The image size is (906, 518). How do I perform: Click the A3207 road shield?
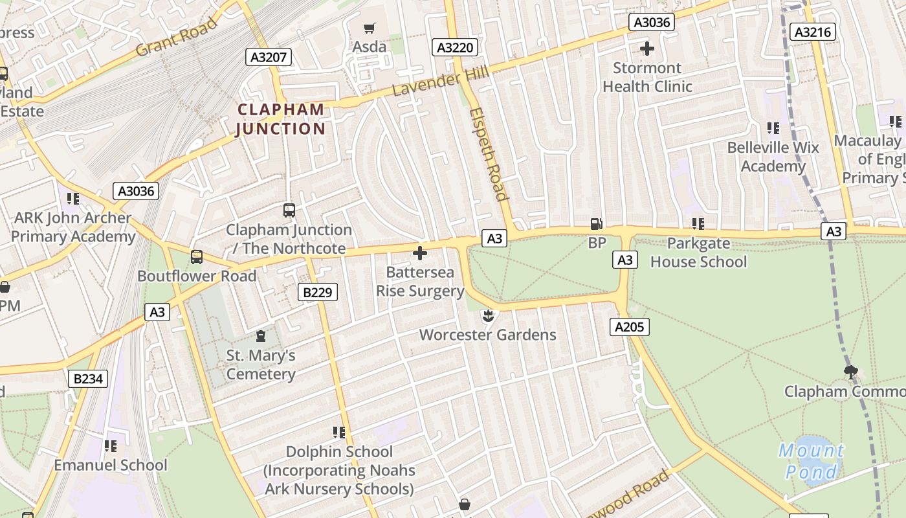tap(269, 57)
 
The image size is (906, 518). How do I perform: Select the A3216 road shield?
tap(814, 32)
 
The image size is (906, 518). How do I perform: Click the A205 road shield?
tap(629, 327)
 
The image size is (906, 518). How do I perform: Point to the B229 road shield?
tap(318, 292)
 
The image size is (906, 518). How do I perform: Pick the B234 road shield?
tap(88, 379)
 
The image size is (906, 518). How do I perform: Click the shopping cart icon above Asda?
tap(370, 28)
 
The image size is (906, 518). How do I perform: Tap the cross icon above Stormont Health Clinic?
tap(646, 49)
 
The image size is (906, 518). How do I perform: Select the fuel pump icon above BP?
tap(596, 224)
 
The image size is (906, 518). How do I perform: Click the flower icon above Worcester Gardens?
tap(488, 316)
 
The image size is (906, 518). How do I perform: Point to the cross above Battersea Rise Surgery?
tap(420, 253)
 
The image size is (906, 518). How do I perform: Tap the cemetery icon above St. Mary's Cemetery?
tap(261, 336)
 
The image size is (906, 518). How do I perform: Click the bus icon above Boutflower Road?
tap(197, 257)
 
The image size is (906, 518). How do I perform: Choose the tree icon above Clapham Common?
tap(850, 372)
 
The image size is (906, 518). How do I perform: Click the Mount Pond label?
tap(811, 460)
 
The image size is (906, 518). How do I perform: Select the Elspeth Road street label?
tap(488, 154)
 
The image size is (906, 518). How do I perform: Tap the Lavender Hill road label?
tap(441, 84)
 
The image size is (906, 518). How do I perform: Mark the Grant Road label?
tap(176, 38)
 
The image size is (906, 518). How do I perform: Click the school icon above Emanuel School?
tap(111, 446)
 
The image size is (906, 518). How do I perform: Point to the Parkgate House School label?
tap(698, 253)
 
